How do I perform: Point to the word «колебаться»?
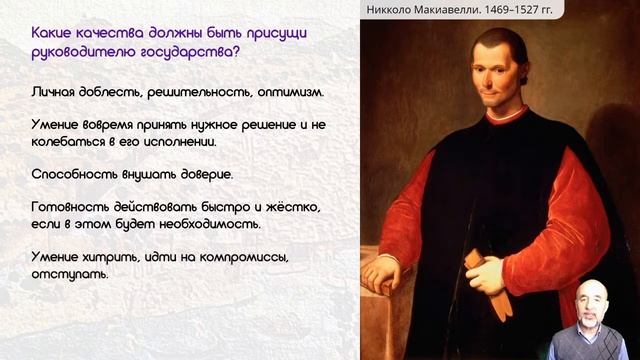point(68,142)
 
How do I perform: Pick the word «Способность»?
point(67,174)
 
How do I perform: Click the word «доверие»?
point(205,174)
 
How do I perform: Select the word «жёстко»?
point(292,206)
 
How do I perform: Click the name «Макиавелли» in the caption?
point(466,10)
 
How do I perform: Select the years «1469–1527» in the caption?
point(536,10)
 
